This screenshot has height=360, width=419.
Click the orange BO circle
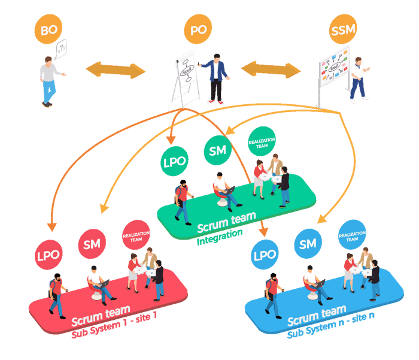(x=49, y=29)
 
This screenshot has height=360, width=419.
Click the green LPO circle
(x=175, y=161)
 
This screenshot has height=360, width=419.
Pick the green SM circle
(x=218, y=150)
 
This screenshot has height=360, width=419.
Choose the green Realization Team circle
(x=262, y=141)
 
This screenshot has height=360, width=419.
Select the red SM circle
(x=92, y=244)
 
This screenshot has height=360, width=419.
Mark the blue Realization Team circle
(x=352, y=235)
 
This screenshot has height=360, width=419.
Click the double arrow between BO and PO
(x=116, y=69)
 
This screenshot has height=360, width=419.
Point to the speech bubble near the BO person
(x=60, y=47)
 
